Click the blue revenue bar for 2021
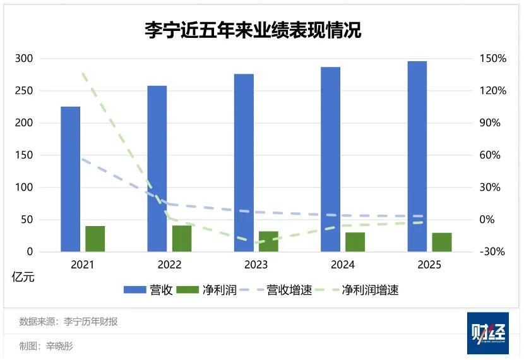pos(71,179)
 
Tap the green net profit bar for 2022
pos(182,239)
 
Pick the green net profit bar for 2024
pos(355,242)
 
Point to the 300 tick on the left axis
pos(24,59)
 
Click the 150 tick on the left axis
pos(24,155)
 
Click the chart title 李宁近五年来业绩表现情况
pos(253,30)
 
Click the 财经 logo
pos(487,333)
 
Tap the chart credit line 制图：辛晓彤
pos(47,346)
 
